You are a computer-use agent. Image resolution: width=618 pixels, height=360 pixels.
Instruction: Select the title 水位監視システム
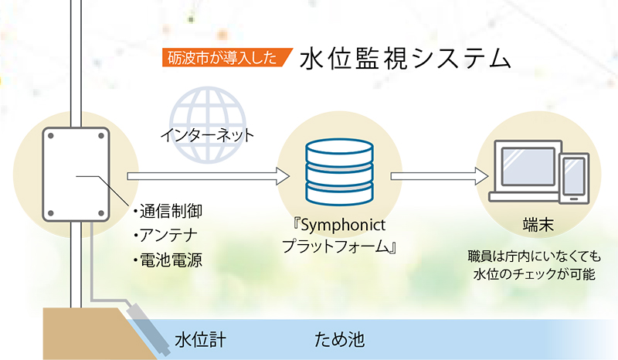click(405, 59)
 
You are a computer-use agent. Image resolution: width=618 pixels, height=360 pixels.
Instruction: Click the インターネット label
click(207, 136)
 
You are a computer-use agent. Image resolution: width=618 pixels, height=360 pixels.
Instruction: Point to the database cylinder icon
click(339, 172)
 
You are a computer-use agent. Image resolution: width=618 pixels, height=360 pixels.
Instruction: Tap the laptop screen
click(528, 167)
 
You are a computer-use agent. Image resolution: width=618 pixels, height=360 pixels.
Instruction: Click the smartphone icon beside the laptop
click(574, 178)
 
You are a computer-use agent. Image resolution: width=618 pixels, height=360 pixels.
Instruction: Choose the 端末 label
click(538, 224)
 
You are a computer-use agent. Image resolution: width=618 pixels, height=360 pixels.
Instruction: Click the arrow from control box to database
click(208, 176)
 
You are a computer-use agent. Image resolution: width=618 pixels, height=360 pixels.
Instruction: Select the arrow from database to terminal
click(439, 176)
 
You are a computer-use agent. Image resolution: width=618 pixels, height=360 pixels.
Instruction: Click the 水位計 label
click(201, 340)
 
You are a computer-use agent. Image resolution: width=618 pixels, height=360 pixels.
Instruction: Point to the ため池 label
click(339, 339)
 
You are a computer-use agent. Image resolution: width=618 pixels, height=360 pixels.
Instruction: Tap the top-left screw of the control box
click(51, 136)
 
